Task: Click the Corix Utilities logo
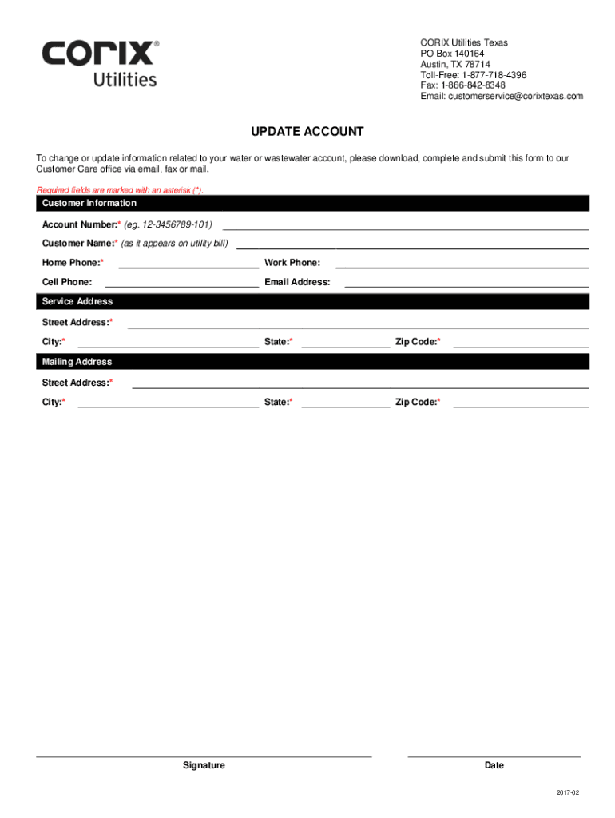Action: (x=101, y=63)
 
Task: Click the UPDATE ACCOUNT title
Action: (x=307, y=132)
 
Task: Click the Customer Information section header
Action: (x=89, y=204)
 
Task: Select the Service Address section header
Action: (x=77, y=302)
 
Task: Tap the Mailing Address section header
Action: (x=77, y=362)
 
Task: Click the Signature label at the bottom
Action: (x=204, y=765)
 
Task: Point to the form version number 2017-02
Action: (x=568, y=792)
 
